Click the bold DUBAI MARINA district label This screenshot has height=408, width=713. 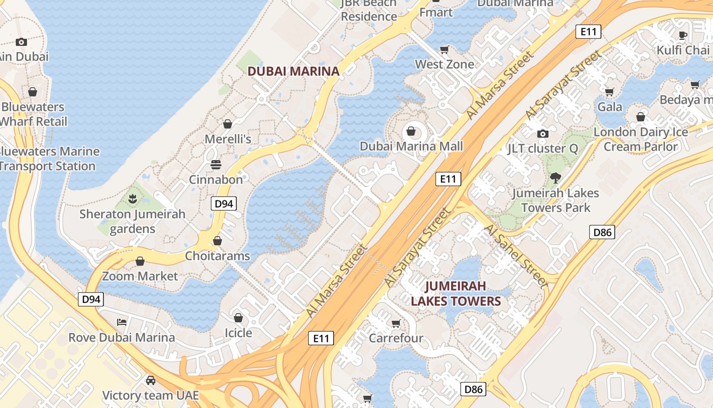[293, 71]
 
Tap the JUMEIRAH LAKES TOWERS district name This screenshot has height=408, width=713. [456, 293]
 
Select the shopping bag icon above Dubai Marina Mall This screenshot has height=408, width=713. [411, 131]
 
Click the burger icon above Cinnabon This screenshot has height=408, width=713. [216, 165]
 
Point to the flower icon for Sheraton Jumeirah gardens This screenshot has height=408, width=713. [132, 199]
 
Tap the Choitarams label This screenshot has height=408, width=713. [217, 256]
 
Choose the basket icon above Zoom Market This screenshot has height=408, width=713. [140, 262]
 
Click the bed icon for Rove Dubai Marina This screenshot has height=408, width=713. [122, 322]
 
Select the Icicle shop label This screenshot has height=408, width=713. [238, 333]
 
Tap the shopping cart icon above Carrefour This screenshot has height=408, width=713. [396, 323]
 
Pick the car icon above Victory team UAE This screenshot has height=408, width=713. [151, 380]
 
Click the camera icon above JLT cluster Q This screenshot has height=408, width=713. [543, 134]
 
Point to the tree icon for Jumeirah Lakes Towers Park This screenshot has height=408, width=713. [555, 178]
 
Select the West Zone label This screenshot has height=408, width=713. [444, 64]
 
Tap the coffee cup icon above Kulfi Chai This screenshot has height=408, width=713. [683, 35]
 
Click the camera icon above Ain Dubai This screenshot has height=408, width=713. [21, 42]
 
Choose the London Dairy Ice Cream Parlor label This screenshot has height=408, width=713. [641, 139]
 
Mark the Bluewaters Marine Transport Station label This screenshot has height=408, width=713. [48, 159]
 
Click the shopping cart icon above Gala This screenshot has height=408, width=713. [609, 92]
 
